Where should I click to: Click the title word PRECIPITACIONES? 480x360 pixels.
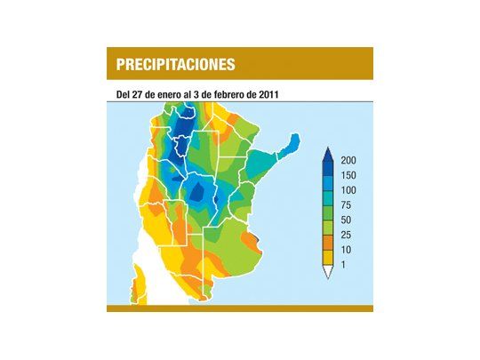tap(175, 64)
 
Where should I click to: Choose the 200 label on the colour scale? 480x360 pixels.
tap(348, 161)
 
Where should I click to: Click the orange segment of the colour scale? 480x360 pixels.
tap(328, 242)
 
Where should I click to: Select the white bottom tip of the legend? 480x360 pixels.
tap(328, 272)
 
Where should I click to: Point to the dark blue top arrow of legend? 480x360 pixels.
tap(328, 157)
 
